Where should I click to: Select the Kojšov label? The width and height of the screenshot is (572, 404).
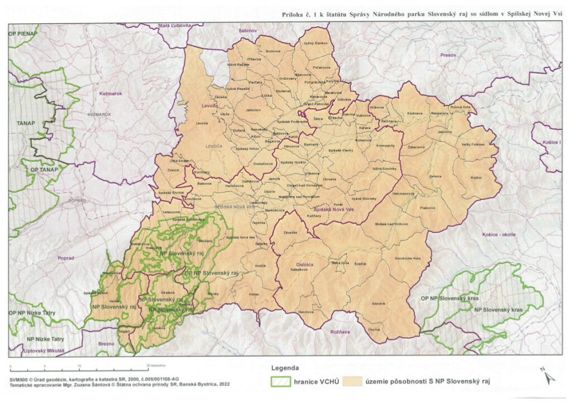click(476, 177)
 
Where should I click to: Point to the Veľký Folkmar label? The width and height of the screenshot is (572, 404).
click(473, 145)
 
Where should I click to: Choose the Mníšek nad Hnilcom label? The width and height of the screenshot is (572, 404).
click(395, 224)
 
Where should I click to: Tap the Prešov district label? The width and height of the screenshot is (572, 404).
click(448, 55)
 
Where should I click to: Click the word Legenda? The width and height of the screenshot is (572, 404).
click(285, 368)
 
